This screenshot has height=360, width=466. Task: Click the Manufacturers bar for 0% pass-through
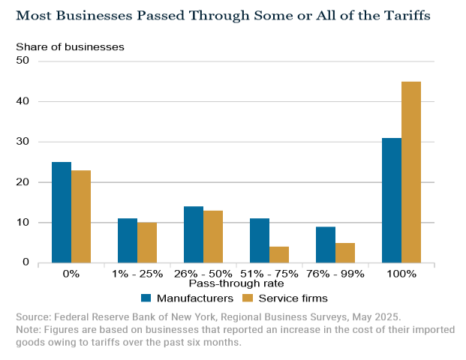[62, 212]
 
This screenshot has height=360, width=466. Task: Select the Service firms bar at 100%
[411, 172]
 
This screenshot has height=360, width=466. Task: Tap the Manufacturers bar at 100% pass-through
[392, 200]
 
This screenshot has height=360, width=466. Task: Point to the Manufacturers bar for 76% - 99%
[326, 244]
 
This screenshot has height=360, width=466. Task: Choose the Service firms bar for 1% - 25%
[147, 243]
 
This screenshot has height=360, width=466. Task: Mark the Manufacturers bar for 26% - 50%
[194, 235]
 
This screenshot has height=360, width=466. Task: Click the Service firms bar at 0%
[81, 217]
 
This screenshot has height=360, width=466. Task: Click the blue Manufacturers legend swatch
[146, 298]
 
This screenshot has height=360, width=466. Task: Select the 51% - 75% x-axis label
[269, 274]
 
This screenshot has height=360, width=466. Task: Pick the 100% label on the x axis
[401, 274]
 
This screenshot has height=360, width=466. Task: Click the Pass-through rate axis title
[226, 284]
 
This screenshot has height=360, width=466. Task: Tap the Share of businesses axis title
[71, 46]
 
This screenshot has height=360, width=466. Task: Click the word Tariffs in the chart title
[404, 15]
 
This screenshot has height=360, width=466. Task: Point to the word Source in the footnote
[33, 316]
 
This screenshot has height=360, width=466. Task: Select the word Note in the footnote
[29, 329]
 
